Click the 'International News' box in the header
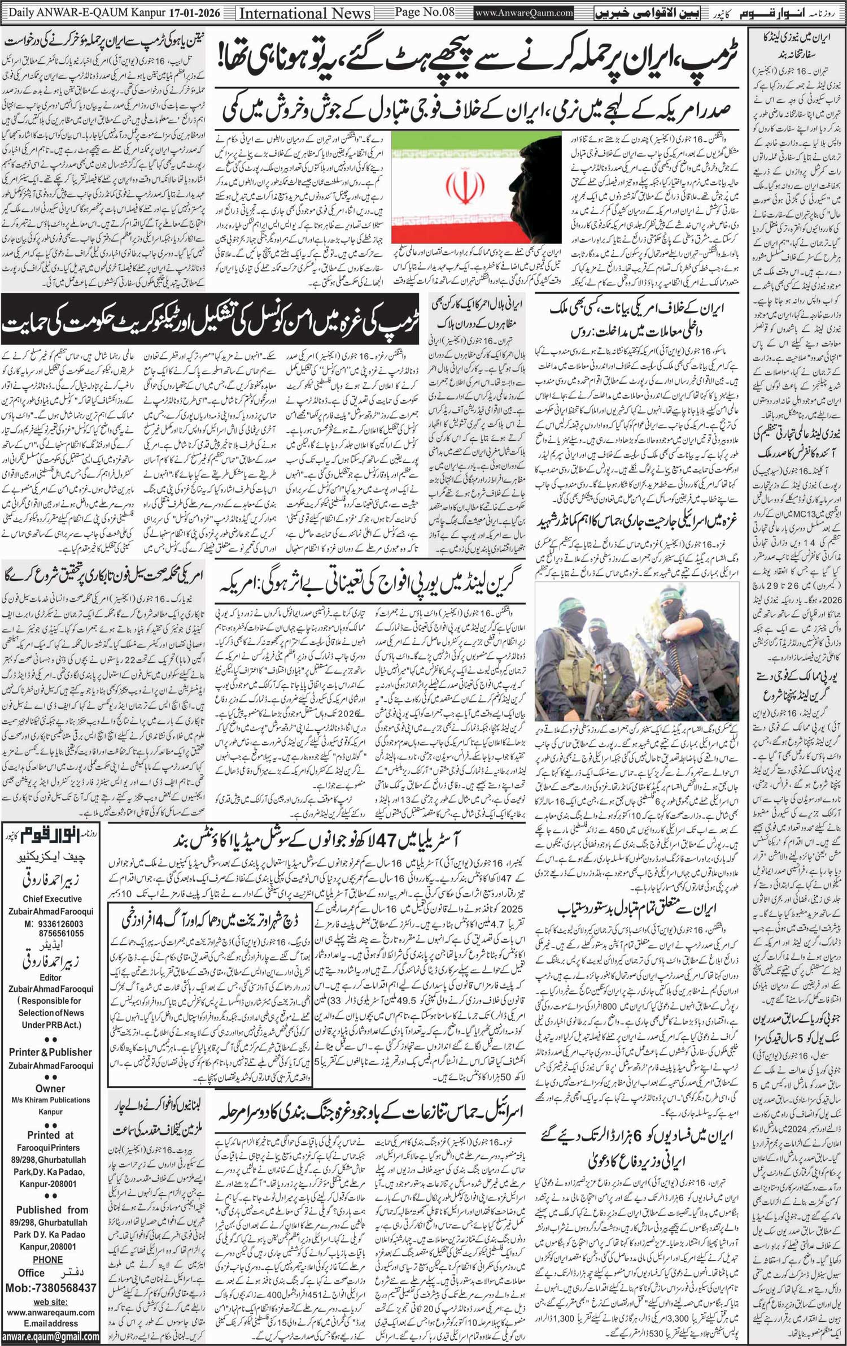click(x=305, y=12)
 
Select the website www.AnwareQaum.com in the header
click(x=523, y=12)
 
